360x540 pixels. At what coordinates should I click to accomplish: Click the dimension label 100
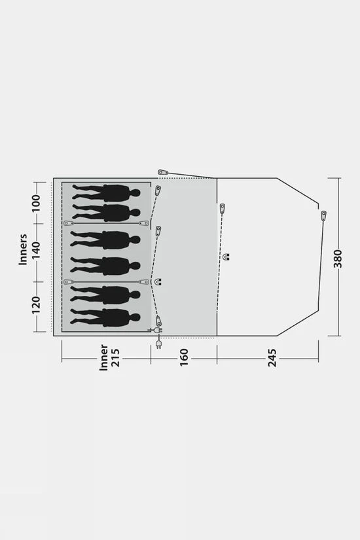pos(36,203)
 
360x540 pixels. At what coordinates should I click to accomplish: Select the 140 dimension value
pos(36,251)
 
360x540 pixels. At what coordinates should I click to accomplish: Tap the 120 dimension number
pos(36,305)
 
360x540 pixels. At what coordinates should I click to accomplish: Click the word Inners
pos(23,249)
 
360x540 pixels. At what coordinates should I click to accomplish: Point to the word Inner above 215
pos(103,357)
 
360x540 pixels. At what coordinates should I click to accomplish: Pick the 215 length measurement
pos(115,357)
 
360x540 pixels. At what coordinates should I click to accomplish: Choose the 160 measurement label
pos(185,357)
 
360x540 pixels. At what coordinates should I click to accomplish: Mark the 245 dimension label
pos(272,358)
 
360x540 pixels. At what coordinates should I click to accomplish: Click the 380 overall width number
pos(338,259)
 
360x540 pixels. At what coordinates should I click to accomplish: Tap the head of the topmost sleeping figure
pos(135,193)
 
